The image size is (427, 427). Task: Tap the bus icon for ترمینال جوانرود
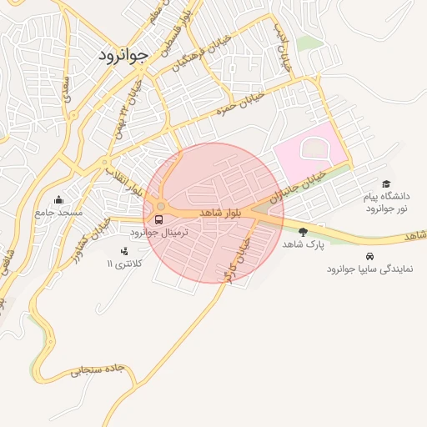[x=158, y=219]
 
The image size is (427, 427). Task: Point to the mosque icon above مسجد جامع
[x=58, y=199]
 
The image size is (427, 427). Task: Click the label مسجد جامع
[x=58, y=213]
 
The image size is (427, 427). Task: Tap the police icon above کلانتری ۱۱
[x=125, y=249]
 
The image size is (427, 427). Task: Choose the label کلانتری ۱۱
[x=125, y=264]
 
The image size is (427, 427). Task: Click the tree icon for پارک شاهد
[x=303, y=231]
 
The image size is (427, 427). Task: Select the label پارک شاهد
[x=302, y=244]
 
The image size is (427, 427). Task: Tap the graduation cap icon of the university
[x=385, y=183]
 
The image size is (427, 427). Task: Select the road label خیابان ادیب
[x=283, y=46]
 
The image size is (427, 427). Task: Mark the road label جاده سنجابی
[x=98, y=369]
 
